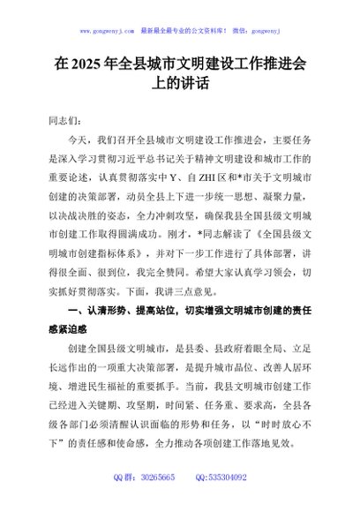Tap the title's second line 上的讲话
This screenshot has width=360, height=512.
pos(181,86)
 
